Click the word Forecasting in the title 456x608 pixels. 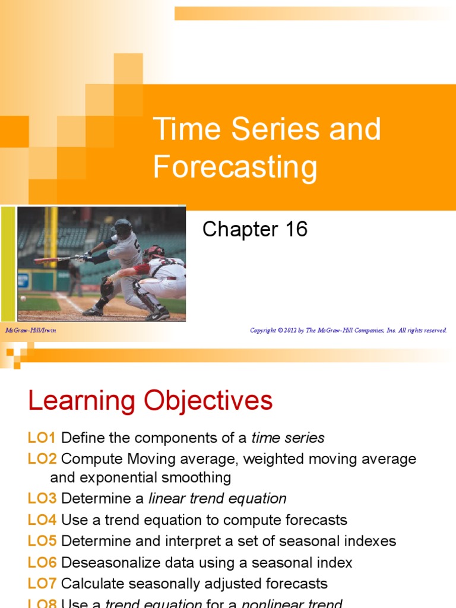235,167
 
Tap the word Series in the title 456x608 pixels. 265,129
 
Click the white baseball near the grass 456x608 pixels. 23,298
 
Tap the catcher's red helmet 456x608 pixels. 153,252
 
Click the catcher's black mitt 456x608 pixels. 107,288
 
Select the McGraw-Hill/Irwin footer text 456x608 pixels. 30,330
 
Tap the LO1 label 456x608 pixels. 42,438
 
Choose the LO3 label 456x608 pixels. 42,499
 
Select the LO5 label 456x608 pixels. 42,541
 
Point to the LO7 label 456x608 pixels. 42,583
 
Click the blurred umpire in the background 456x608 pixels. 75,279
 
